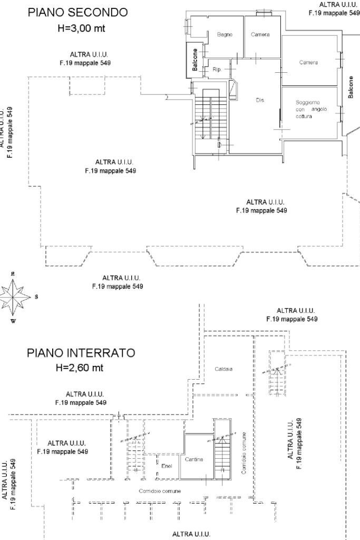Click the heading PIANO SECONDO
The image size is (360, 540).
[77, 13]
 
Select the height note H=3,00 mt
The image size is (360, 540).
[81, 28]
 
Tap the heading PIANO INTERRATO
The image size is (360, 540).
[81, 353]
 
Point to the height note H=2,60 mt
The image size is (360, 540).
[80, 368]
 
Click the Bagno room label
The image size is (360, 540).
[225, 34]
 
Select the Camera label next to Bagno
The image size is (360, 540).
[260, 34]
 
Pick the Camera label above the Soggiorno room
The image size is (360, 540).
[308, 62]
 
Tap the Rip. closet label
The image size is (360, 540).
[217, 69]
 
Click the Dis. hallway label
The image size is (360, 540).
[260, 100]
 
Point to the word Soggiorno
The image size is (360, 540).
[308, 102]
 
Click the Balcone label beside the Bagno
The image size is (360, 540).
[195, 59]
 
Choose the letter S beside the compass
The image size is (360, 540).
[36, 297]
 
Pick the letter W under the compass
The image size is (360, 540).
[14, 321]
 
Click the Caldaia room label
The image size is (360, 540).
[223, 369]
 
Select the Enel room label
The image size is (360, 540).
[167, 466]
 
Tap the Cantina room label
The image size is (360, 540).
[194, 459]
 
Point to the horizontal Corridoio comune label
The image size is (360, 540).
[160, 491]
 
